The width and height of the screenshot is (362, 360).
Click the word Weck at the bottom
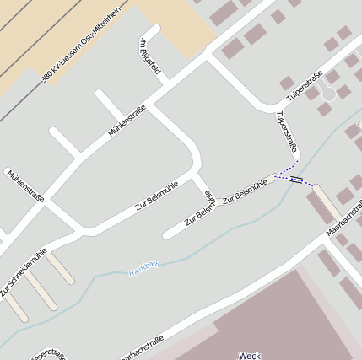coord(250,355)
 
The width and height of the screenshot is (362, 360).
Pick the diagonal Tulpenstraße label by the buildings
coord(305,85)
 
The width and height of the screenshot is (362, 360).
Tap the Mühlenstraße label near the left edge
coord(25,186)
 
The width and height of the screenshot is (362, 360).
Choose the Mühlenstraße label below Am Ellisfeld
coord(127,121)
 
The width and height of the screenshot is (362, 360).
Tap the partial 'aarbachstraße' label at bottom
coord(136,345)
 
